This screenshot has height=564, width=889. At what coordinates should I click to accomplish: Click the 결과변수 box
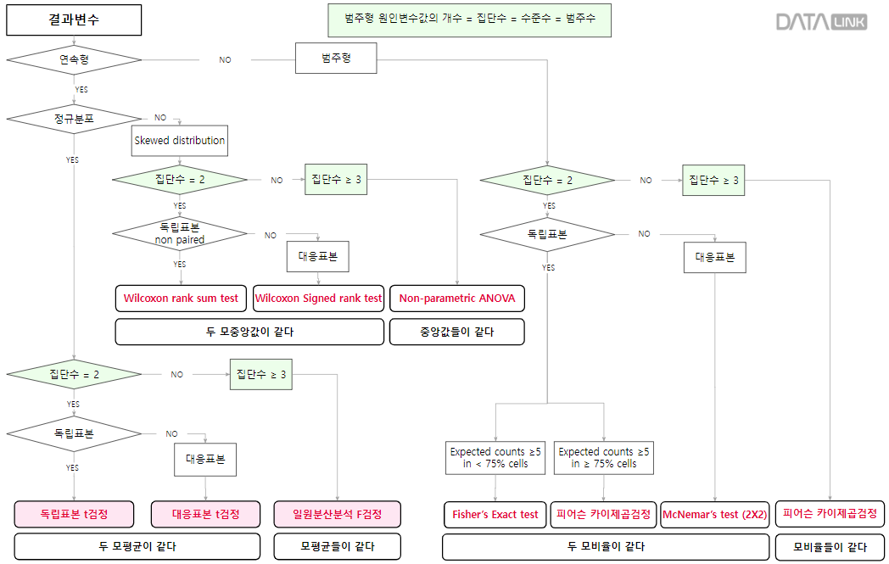coord(74,20)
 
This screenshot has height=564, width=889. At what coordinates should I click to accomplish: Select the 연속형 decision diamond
coord(74,59)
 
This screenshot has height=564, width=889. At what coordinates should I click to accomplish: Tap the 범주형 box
coord(336,59)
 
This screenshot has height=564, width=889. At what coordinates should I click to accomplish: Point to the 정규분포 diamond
coord(74,119)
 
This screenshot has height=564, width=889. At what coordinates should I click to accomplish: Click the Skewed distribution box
coord(180,140)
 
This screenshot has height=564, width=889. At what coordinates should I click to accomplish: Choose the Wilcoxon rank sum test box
coord(181,299)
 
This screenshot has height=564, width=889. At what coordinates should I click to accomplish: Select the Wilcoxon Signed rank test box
coord(319,299)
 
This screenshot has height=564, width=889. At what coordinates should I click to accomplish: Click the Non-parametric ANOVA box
coord(457,299)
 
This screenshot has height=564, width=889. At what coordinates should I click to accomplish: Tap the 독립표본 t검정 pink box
coord(74,514)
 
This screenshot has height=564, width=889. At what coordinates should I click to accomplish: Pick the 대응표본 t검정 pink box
coord(205,514)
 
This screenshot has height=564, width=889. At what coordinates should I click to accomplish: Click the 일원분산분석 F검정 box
coord(337,514)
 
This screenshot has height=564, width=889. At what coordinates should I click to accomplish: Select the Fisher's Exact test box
coord(495,515)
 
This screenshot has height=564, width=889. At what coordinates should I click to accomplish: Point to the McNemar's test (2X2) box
coord(714,515)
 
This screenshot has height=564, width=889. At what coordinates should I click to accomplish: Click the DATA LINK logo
coord(821,21)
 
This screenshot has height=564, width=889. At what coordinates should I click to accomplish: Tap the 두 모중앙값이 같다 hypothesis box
coord(249,332)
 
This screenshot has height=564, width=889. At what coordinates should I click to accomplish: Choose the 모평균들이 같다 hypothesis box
coord(337,546)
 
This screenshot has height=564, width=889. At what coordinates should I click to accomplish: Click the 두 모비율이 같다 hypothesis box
coord(605,547)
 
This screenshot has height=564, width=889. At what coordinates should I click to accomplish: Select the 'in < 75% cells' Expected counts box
coord(495,458)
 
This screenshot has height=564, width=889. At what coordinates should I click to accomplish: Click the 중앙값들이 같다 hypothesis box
coord(456,332)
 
